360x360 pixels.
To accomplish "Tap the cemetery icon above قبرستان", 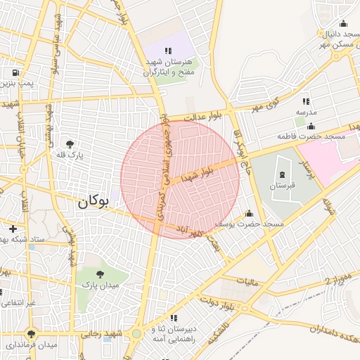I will [x=282, y=174].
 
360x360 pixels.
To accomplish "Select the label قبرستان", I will [x=282, y=186].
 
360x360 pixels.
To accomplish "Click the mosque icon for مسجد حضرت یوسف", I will [x=248, y=213].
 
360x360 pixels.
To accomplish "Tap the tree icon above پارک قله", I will [x=69, y=143].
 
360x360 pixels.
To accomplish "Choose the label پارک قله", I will [x=70, y=155].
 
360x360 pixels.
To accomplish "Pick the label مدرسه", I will [x=307, y=112].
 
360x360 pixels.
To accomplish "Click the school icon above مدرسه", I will [x=306, y=101].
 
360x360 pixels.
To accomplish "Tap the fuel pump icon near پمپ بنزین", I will [x=15, y=72].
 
